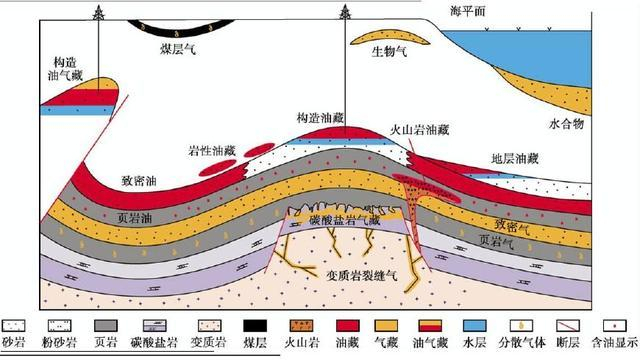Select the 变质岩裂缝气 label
[365, 270]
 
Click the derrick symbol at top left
[99, 13]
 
